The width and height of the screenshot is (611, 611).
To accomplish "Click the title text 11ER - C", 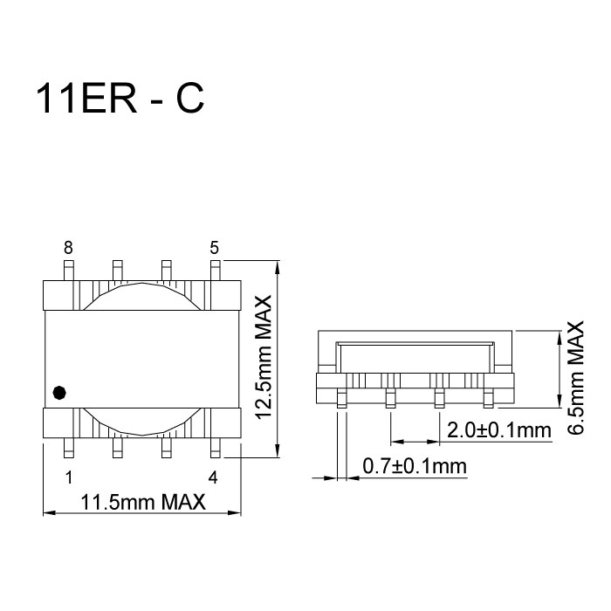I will click(x=120, y=100).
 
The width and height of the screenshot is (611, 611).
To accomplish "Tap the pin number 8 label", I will click(x=68, y=247).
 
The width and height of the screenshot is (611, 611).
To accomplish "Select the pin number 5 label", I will click(x=214, y=247).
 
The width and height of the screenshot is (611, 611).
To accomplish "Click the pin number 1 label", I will click(x=68, y=477).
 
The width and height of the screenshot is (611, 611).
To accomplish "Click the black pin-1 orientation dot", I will click(x=58, y=393).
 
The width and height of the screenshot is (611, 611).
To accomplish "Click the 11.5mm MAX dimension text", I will click(x=142, y=503).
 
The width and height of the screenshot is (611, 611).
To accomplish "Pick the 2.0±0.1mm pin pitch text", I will click(x=498, y=430).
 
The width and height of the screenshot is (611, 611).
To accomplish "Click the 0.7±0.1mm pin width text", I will click(x=415, y=467).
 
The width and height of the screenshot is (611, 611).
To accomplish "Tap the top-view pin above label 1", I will click(x=68, y=447).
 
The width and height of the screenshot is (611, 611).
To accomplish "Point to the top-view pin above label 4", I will click(x=214, y=447).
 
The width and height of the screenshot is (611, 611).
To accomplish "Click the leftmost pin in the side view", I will click(x=341, y=399).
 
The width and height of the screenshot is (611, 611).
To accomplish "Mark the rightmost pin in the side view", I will click(x=488, y=399).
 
